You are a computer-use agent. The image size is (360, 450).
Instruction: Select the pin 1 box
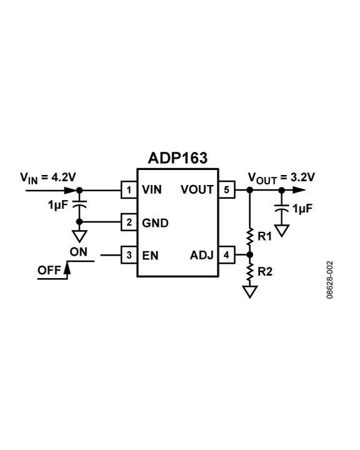click(128, 189)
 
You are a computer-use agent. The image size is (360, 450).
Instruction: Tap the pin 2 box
click(128, 222)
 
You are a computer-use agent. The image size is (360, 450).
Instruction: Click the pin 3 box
click(128, 254)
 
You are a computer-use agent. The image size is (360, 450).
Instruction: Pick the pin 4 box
click(226, 254)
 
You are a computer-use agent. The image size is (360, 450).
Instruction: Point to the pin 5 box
click(226, 189)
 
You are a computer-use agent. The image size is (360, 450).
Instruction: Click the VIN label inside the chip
click(152, 189)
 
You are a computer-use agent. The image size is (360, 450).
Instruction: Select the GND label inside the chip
click(154, 222)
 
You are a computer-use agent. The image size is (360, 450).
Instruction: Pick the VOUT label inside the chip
click(197, 189)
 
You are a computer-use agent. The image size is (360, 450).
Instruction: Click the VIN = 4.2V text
click(48, 177)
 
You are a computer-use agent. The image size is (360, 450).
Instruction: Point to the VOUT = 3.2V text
click(281, 177)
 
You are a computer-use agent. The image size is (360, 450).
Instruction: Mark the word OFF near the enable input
click(49, 271)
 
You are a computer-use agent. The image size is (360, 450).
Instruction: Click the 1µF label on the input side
click(59, 205)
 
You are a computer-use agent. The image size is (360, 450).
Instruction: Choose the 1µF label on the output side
click(303, 208)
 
